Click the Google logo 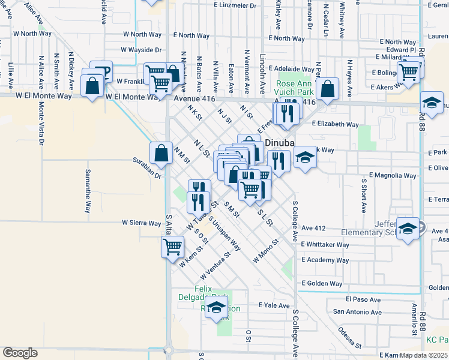(20, 353)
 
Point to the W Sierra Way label (141, 223)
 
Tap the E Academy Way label (325, 260)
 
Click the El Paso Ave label (363, 299)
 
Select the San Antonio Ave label (358, 312)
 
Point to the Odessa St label (349, 337)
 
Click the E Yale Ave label (274, 305)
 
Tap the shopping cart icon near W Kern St (173, 246)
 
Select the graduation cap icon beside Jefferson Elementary (408, 229)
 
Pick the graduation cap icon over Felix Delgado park (216, 309)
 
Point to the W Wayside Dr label (141, 50)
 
